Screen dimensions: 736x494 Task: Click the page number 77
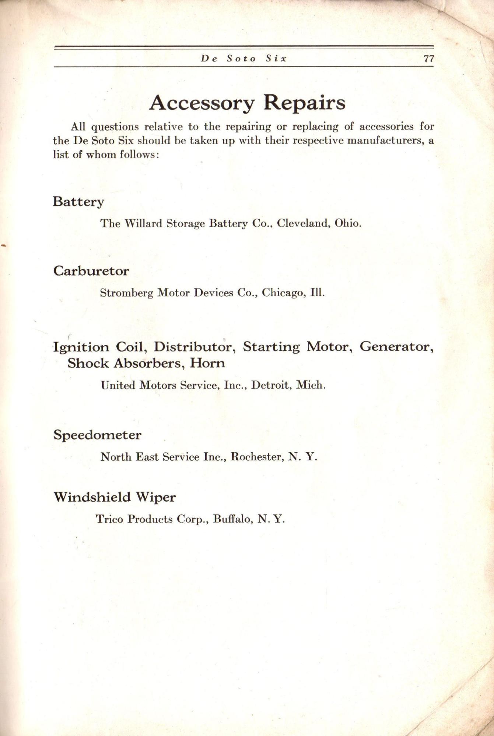(429, 59)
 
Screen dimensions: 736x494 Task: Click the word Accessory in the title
(202, 103)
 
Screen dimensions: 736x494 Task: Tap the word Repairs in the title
(304, 103)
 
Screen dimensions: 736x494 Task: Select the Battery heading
(78, 202)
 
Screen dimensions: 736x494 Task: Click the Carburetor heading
(91, 271)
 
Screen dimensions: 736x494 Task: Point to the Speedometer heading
(97, 435)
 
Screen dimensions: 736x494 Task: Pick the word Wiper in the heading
(155, 498)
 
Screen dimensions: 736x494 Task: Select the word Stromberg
(126, 293)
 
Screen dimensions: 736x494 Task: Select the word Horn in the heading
(207, 364)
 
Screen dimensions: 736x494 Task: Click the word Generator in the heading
(396, 347)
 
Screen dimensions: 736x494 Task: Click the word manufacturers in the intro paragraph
(385, 141)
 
